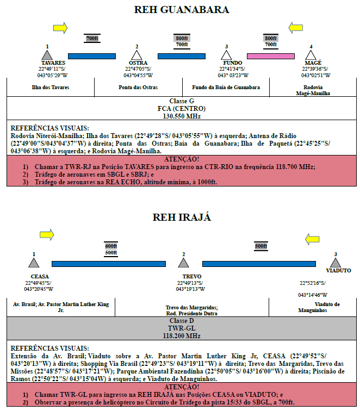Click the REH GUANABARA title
182,10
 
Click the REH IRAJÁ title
182,217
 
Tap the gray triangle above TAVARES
47,55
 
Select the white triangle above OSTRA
136,55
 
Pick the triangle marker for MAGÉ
311,55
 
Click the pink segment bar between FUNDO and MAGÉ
271,56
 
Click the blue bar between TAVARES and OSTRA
92,56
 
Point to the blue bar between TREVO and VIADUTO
259,264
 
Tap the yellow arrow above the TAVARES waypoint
60,28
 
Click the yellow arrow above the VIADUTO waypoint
312,239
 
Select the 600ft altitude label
111,246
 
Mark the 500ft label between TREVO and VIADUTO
261,246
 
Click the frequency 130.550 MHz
182,116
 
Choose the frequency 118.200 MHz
182,336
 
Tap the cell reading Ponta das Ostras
138,87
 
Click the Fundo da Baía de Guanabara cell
226,87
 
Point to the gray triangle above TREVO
183,263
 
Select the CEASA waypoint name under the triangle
40,276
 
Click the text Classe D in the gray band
182,321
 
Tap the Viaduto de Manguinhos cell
313,307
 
